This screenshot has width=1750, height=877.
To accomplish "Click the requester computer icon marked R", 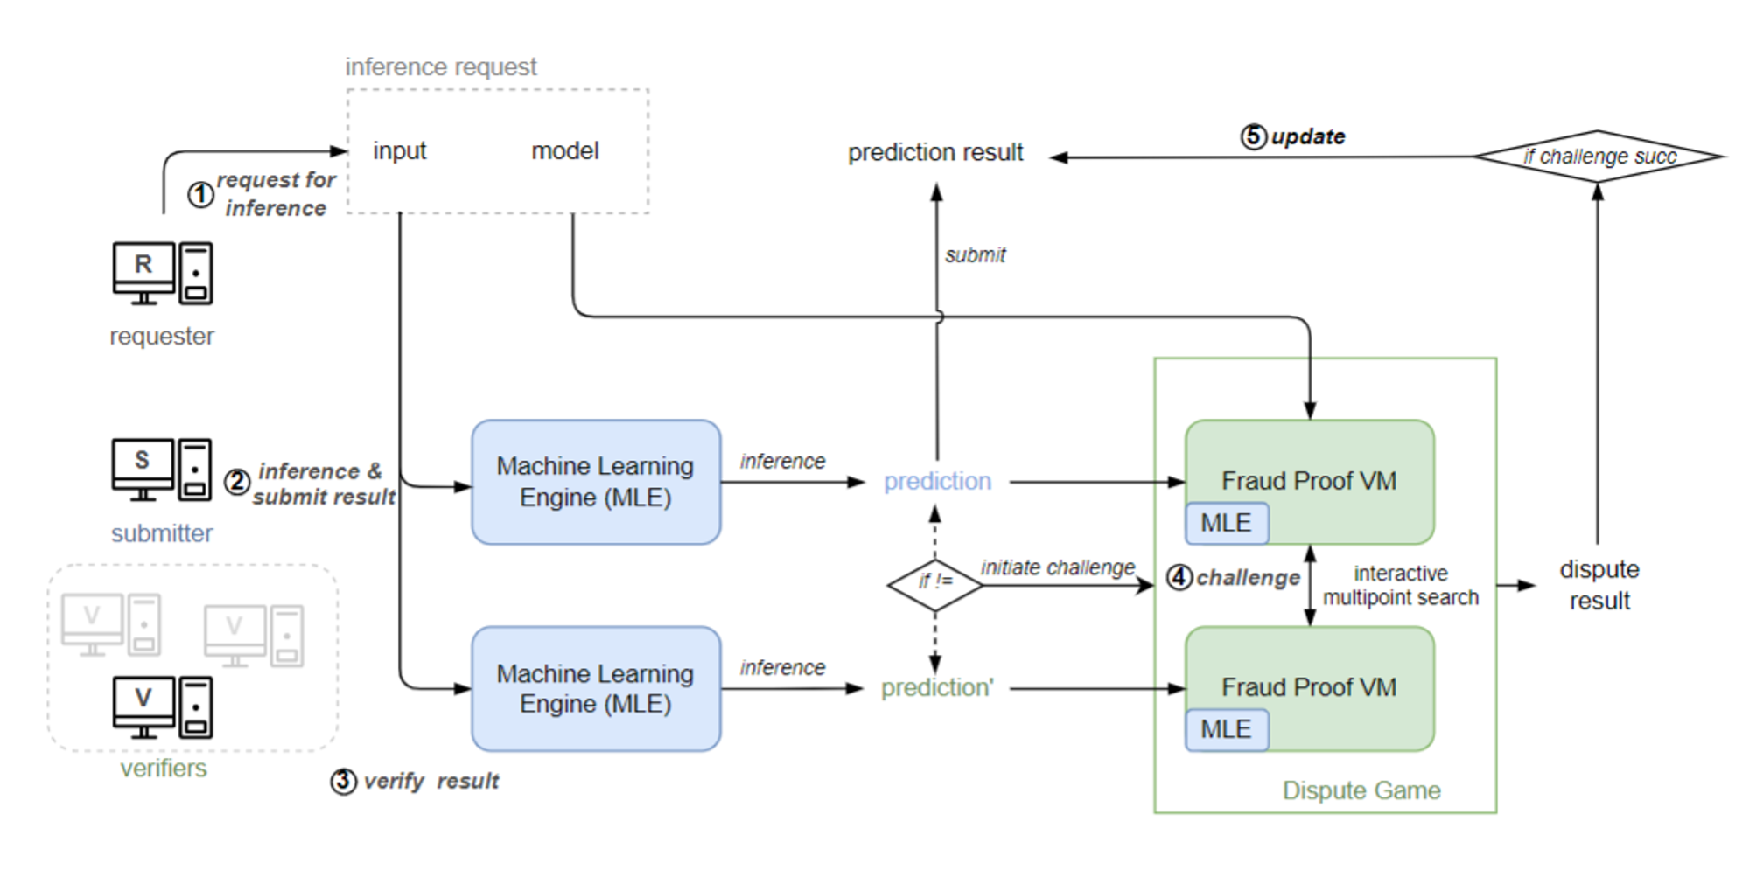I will pos(162,273).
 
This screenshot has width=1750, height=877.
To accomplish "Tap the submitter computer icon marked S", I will pos(162,469).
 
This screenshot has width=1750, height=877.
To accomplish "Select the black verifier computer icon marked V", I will pos(162,706).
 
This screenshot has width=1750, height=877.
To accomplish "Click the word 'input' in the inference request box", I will pos(399,150).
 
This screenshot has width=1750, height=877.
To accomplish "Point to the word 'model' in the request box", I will pos(565,150).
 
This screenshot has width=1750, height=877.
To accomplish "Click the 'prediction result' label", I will pos(934,152).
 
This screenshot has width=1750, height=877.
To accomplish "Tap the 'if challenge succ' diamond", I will pos(1598,157).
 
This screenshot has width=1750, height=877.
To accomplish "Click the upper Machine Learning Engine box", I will pos(596,482).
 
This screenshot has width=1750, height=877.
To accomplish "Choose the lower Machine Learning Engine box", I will pos(596,688).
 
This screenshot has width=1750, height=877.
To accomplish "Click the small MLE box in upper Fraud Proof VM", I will pos(1226,523).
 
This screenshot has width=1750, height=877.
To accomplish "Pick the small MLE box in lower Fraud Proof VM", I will pos(1226,729).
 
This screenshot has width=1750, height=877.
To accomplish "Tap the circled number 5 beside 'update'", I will pos(1254,136).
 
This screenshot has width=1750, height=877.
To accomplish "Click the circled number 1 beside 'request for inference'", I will pos(200,194).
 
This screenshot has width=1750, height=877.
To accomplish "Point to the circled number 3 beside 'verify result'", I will pos(343,781).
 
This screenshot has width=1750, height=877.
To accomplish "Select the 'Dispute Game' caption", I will pos(1361,790).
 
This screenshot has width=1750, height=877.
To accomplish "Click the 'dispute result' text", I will pos(1599,584).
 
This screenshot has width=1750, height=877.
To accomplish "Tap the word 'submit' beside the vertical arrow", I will pos(975,255).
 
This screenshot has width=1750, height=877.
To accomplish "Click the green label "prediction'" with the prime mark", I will pos(936,688).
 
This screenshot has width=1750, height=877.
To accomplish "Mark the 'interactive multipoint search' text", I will pos(1400,585).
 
